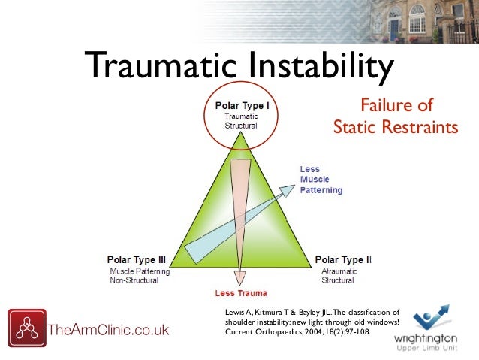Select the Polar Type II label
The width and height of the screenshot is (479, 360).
point(343,259)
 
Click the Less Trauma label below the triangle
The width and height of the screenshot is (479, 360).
point(241,292)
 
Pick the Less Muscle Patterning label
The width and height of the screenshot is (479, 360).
point(321,180)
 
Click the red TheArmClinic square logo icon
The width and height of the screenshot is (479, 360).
point(26,328)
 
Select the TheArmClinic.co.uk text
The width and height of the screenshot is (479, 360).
point(108,330)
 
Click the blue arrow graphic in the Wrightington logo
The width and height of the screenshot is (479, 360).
point(431,313)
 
